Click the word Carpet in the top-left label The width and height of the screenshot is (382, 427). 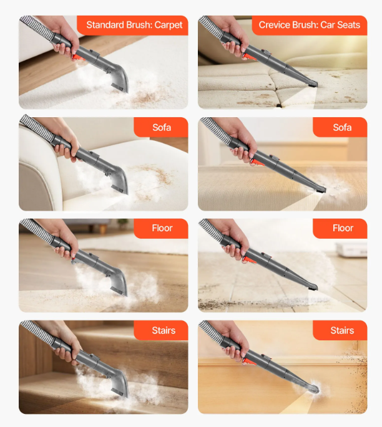click(169, 25)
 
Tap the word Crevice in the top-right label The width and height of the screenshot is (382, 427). click(275, 25)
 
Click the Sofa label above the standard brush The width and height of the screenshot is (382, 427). click(162, 127)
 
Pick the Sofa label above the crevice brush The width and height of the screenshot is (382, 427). click(342, 127)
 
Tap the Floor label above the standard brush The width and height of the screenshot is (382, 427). click(162, 228)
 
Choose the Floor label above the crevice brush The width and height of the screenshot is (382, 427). click(343, 228)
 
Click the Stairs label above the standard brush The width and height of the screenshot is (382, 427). click(164, 330)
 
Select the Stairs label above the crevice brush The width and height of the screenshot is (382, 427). click(342, 330)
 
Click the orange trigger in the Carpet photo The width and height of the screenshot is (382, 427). click(77, 57)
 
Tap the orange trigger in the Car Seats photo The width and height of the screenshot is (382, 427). click(247, 56)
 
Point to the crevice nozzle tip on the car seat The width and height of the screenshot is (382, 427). click(313, 84)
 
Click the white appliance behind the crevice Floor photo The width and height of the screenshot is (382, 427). click(351, 250)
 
